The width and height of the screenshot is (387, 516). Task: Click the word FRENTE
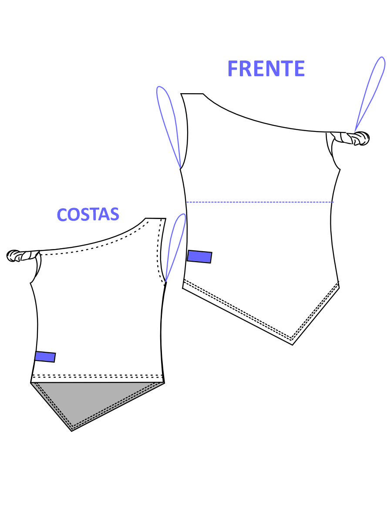[x=266, y=68]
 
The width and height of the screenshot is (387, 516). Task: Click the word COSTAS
[x=88, y=215]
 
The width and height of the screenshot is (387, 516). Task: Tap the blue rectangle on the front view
[x=199, y=256]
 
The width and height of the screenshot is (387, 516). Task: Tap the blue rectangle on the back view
[x=45, y=357]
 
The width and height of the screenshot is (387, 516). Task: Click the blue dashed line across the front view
[x=260, y=202]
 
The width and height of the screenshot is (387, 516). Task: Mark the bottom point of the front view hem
[x=293, y=345]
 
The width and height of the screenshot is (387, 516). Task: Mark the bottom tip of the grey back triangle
[x=71, y=431]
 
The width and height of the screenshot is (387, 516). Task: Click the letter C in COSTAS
[x=63, y=215]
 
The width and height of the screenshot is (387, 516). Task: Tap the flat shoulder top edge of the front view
[x=192, y=94]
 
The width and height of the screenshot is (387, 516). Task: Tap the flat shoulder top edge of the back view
[x=155, y=218]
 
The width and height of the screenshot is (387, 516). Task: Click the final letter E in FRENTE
[x=299, y=68]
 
